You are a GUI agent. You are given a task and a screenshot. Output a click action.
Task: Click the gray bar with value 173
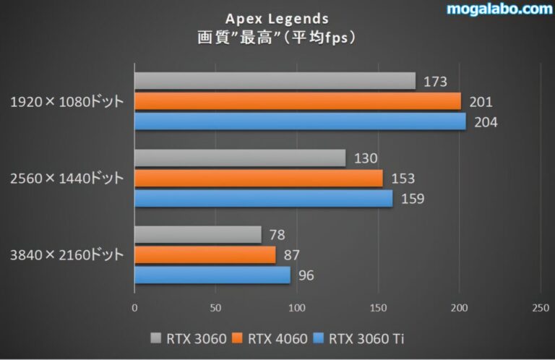(x=275, y=80)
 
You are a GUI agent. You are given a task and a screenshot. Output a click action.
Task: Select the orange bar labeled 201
(x=297, y=101)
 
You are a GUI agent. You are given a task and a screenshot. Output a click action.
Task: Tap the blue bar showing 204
(x=300, y=121)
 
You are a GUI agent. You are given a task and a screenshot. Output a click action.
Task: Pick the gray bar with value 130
(x=240, y=158)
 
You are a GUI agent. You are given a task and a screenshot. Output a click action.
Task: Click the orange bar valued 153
(x=259, y=178)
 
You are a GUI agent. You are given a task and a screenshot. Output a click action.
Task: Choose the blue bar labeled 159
(x=263, y=198)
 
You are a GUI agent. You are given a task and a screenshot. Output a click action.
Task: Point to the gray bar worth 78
(x=198, y=234)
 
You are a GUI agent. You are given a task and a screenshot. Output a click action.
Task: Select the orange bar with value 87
(x=205, y=254)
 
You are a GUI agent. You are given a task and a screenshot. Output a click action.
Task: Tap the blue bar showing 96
(x=212, y=275)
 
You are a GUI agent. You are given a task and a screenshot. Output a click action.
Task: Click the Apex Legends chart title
(x=277, y=17)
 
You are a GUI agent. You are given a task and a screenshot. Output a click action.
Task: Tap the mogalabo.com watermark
(x=499, y=9)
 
